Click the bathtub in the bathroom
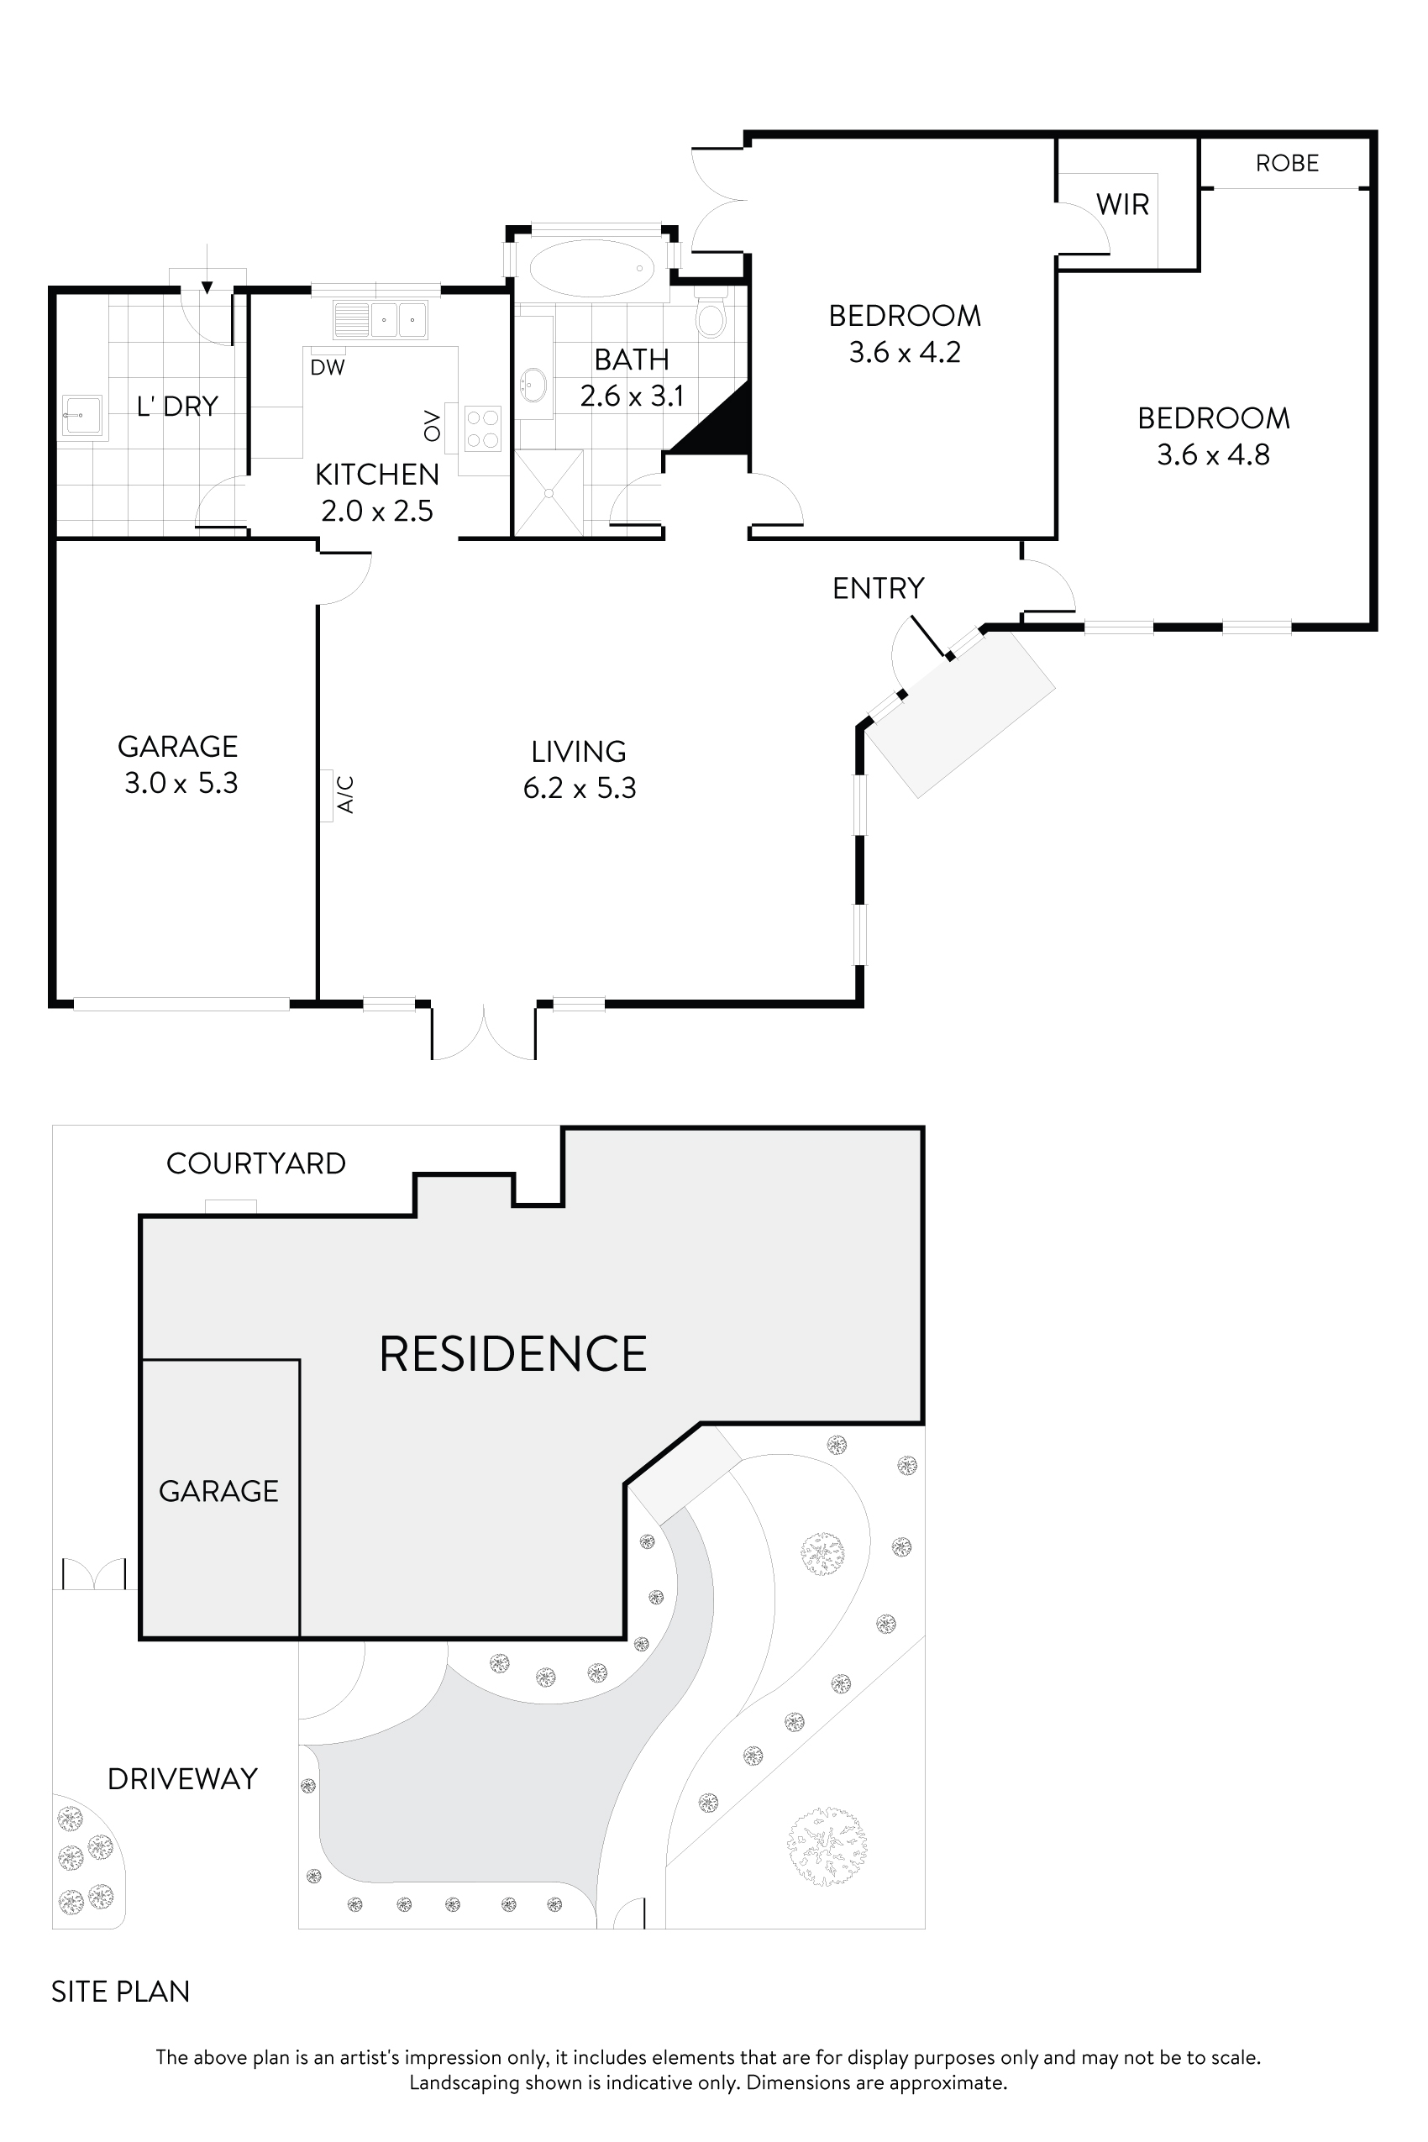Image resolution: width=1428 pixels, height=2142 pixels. tap(592, 268)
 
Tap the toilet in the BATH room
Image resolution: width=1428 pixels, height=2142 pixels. tap(710, 316)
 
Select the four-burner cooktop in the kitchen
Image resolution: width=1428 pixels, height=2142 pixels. tap(482, 429)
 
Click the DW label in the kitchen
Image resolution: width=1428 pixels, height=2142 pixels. tap(327, 368)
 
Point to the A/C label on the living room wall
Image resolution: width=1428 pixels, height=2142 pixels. tap(345, 794)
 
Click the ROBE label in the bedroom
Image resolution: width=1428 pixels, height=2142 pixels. tap(1286, 163)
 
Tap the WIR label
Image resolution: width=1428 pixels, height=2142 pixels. tap(1122, 205)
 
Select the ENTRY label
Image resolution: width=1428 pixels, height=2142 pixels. tap(878, 588)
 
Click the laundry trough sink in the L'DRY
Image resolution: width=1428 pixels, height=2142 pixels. tap(83, 416)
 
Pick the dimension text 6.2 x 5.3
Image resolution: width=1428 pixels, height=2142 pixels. tap(580, 788)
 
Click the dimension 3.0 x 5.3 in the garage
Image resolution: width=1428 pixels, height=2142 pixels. tap(181, 783)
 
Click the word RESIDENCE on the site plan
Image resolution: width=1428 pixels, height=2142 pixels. tap(512, 1353)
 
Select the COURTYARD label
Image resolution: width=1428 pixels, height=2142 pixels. tap(256, 1163)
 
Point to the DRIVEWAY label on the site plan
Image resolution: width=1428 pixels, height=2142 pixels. tap(182, 1778)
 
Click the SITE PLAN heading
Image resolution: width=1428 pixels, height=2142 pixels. tap(120, 1992)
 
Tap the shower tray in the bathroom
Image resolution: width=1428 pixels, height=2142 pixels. tap(549, 493)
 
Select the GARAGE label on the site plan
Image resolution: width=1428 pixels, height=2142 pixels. tap(218, 1491)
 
